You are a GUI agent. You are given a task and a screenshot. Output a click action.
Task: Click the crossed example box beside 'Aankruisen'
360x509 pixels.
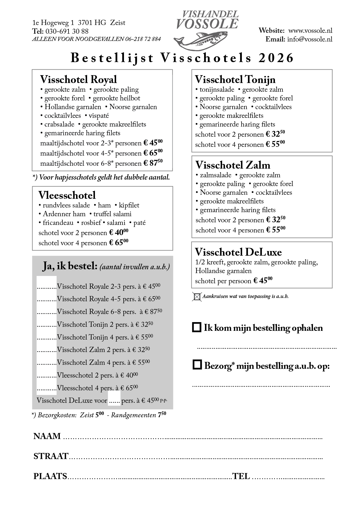pos(197,297)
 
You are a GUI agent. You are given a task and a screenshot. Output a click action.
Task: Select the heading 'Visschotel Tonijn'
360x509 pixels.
pos(235,80)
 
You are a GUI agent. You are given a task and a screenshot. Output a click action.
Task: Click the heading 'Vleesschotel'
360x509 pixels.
pos(67,195)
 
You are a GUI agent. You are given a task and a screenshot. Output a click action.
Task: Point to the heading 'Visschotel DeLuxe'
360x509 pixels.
pos(238,252)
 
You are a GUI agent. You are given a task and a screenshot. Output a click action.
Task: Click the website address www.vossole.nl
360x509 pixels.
pos(310,31)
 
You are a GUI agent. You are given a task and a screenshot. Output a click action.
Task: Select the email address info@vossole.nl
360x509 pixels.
pos(310,39)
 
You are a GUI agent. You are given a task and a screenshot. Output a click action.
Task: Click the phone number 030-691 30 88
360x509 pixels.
pos(67,31)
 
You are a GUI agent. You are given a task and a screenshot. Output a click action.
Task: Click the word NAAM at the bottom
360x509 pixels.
pos(47,436)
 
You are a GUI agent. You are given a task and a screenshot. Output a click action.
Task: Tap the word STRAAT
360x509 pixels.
pos(51,456)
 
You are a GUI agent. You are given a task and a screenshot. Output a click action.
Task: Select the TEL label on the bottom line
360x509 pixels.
pos(241,476)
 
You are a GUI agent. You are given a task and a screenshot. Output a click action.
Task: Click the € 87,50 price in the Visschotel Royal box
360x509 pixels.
pos(153,163)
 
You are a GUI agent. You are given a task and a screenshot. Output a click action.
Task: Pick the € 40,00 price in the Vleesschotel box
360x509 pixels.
pos(119,232)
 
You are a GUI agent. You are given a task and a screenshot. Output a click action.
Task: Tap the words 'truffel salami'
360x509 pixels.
pos(112,214)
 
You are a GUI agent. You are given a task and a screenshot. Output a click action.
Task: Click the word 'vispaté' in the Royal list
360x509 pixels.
pos(99,116)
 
